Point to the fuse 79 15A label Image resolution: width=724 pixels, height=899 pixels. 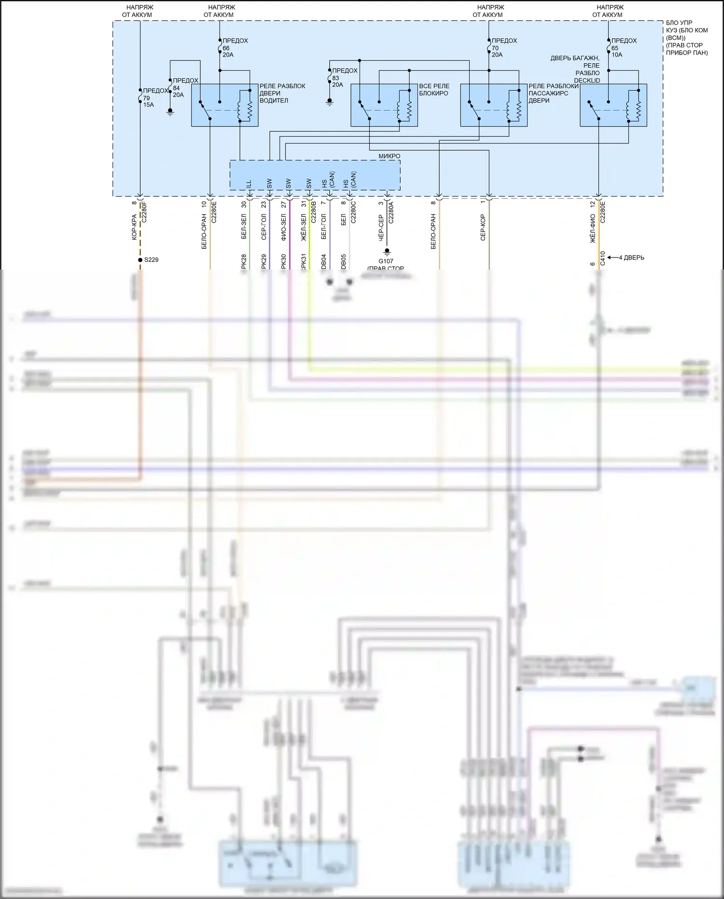coord(154,98)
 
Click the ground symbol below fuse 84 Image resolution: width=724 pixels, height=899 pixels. coord(170,112)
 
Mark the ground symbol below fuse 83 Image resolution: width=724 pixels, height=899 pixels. coord(330,102)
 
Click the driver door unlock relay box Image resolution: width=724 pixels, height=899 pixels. coord(224,105)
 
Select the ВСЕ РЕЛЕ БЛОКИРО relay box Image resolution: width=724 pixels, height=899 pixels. coord(384,105)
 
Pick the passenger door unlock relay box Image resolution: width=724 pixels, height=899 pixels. coord(493,105)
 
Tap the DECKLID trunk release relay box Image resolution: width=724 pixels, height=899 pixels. coord(613,105)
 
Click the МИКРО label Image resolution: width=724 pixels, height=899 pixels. coord(389,156)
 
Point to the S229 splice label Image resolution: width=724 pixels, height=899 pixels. coord(151,260)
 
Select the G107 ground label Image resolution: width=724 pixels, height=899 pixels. coord(386,261)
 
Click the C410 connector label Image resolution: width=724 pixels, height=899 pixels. coord(602,258)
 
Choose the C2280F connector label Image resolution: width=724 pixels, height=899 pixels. coord(143,212)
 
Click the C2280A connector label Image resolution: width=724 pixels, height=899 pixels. coord(391,212)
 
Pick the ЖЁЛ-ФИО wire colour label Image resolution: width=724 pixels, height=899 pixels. coord(593,228)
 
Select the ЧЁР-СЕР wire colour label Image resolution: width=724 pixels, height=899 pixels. coord(381,228)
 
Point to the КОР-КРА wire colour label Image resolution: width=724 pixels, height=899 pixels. coord(134,227)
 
